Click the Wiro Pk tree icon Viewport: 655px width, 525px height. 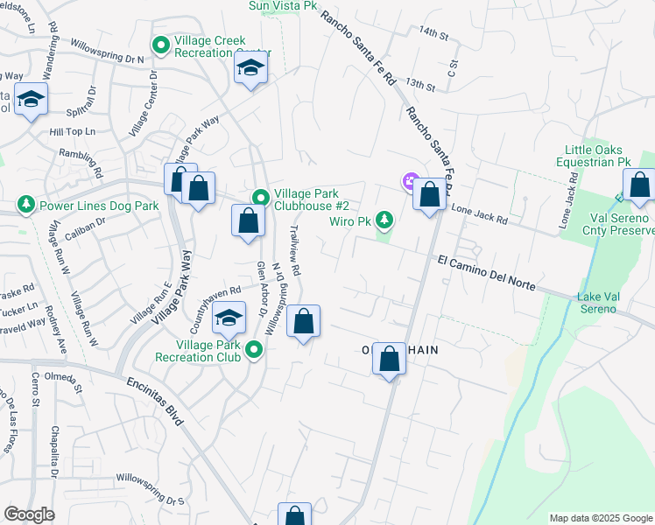(x=384, y=219)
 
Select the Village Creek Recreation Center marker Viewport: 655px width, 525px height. (x=160, y=45)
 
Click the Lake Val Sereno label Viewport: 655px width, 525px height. (x=599, y=303)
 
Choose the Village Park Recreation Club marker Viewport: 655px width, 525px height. (x=254, y=350)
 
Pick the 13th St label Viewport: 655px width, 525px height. (x=420, y=85)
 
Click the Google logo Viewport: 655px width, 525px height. (x=29, y=514)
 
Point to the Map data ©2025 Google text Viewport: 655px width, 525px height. (x=600, y=518)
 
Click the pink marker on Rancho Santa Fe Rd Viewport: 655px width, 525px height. (x=409, y=182)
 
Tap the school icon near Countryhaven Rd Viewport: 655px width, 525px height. (x=229, y=319)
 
